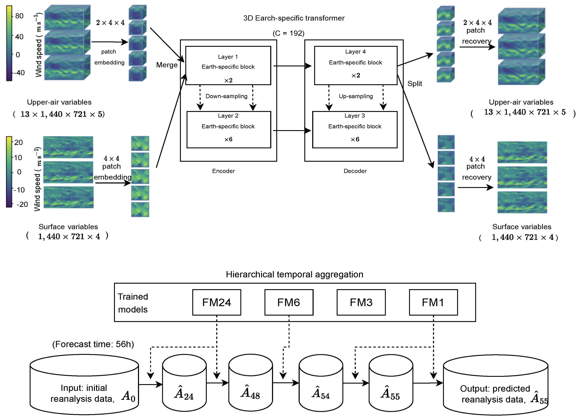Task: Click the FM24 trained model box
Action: point(216,302)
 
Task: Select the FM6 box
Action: point(289,302)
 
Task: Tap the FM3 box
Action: point(361,302)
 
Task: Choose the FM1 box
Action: point(433,302)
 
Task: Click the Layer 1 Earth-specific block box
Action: point(228,66)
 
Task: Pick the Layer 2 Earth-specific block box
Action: point(229,130)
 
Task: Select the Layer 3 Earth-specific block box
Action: point(355,130)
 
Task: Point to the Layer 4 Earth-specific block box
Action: point(356,66)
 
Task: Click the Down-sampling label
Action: point(226,96)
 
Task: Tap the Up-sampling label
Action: point(356,96)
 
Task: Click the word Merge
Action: point(167,65)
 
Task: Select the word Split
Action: point(415,84)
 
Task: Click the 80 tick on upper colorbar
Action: point(19,16)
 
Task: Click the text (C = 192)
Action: point(288,33)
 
